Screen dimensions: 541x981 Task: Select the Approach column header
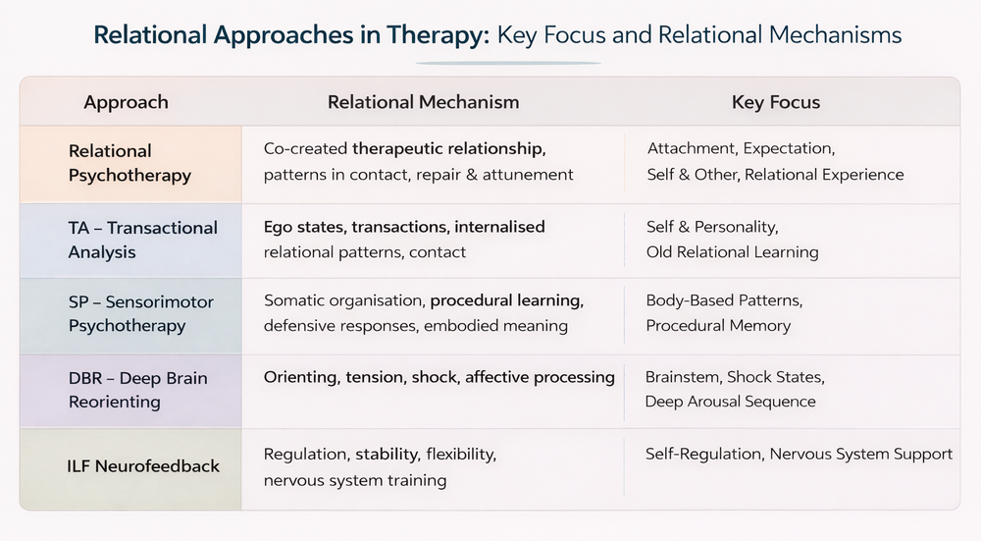point(126,102)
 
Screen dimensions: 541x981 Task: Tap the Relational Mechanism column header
point(423,102)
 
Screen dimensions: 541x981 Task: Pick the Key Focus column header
point(775,102)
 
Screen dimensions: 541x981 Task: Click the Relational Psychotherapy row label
point(129,163)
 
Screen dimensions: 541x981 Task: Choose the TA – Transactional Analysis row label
point(142,240)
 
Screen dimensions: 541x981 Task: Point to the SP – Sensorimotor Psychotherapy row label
point(140,313)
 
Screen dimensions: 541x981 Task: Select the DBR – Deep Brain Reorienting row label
point(137,389)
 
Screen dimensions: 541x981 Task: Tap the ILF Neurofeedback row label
point(144,465)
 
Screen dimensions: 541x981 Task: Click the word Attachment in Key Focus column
point(691,149)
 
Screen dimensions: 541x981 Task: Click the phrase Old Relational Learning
point(732,252)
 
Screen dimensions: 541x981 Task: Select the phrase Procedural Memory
point(718,325)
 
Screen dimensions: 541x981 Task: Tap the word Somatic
point(293,300)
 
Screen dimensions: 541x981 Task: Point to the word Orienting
point(300,377)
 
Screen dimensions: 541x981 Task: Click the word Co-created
point(305,149)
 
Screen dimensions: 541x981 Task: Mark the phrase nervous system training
point(355,480)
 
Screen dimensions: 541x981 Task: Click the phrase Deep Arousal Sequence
point(730,402)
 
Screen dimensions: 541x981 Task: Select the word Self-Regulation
point(703,454)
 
